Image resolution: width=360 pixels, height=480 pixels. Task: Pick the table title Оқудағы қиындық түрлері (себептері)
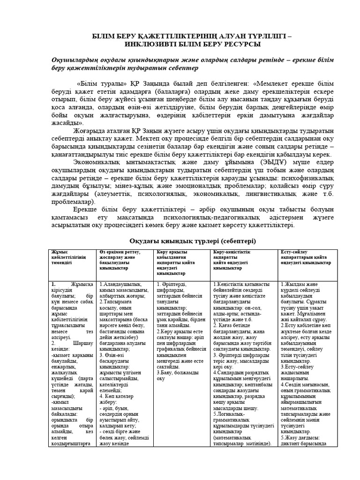click(x=179, y=240)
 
